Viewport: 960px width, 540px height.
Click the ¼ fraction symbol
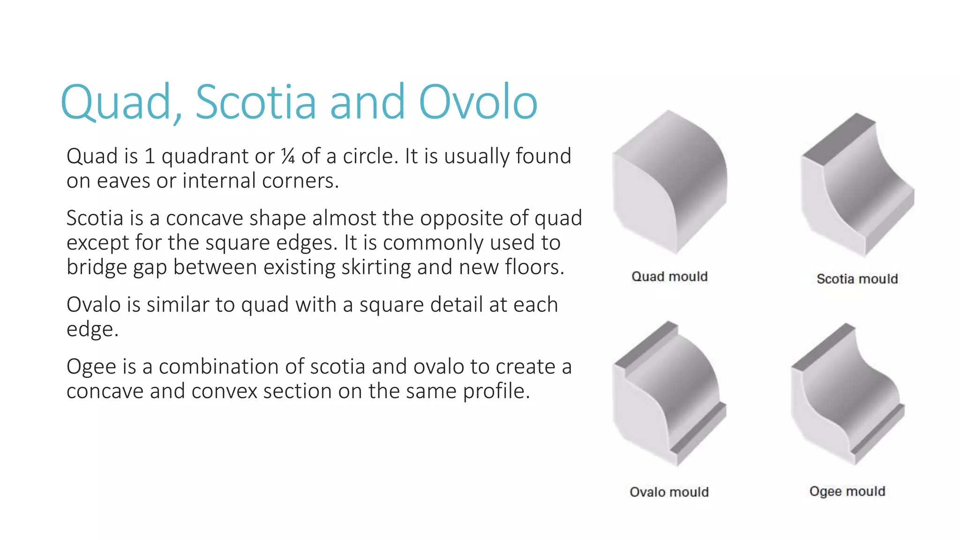(288, 157)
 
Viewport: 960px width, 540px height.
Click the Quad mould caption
(669, 277)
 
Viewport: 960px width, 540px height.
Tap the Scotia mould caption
(857, 279)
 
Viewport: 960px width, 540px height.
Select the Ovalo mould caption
(669, 492)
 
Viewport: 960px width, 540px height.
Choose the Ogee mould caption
(847, 491)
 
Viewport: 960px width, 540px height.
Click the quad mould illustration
(669, 183)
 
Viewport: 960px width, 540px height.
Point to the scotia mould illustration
(857, 185)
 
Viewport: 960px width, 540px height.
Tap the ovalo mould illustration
(669, 394)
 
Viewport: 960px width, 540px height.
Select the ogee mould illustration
(847, 394)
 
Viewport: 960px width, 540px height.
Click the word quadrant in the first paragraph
(204, 157)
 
